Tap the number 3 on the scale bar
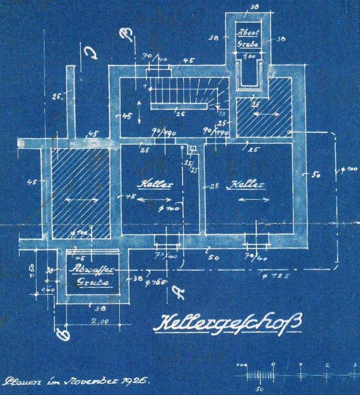pyautogui.click(x=355, y=365)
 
